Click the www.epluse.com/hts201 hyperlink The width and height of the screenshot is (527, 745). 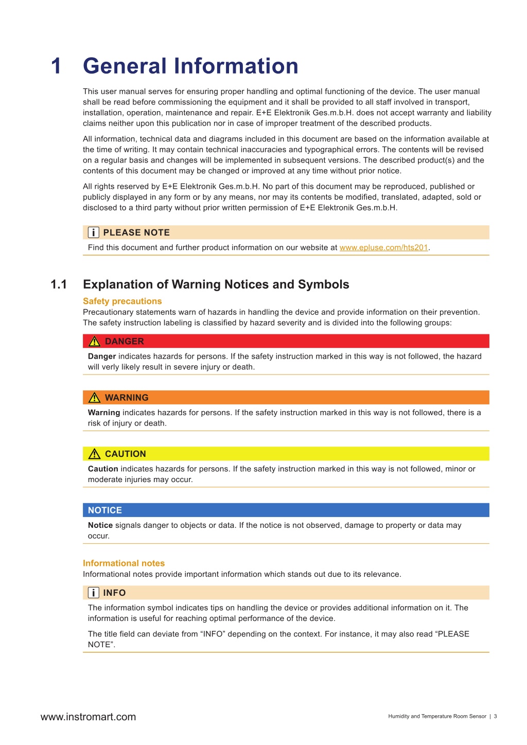point(383,247)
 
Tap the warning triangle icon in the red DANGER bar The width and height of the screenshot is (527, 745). point(94,342)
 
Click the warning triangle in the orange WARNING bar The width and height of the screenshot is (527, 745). point(94,398)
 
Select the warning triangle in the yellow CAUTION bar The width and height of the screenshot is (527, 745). point(94,454)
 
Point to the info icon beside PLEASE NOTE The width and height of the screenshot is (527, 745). point(93,233)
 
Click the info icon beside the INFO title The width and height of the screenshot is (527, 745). point(93,593)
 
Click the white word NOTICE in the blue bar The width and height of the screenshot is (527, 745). point(105,510)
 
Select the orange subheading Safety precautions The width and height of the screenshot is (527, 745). point(122,301)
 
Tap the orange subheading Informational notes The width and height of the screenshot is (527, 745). point(124,563)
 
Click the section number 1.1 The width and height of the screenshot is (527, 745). point(59,285)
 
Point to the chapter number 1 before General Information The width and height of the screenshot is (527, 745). point(56,66)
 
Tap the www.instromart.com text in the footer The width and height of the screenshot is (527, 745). point(88,717)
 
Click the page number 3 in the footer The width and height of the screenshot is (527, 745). point(496,716)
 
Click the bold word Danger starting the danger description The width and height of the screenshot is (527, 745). point(102,356)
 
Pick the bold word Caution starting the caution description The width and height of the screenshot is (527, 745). point(103,469)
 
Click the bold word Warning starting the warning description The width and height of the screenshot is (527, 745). point(104,413)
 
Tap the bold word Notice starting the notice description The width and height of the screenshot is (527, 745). point(100,525)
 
